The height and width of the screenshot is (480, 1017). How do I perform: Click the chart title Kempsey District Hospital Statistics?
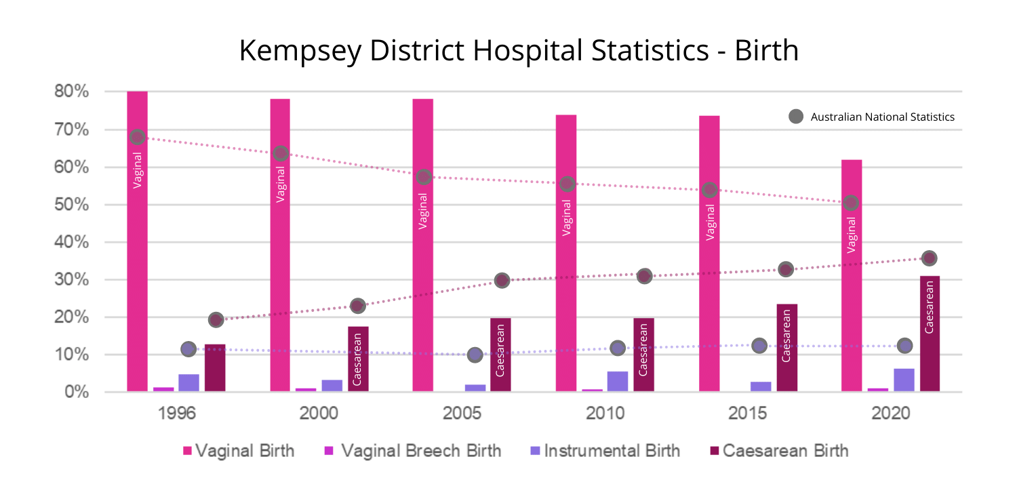coord(519,52)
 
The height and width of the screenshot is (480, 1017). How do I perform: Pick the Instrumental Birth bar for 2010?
coord(617,381)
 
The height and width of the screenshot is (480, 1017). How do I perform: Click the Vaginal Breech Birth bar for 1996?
coord(163,389)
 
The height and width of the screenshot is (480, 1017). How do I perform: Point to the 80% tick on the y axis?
coord(71,92)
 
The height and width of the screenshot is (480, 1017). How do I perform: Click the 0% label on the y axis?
coord(75,393)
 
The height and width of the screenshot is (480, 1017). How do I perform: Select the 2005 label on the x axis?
coord(462,414)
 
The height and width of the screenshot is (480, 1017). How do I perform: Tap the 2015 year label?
coord(749,414)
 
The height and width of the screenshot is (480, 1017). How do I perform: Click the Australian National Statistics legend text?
coord(882,117)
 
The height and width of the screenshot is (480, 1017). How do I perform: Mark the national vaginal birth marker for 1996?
coord(137,137)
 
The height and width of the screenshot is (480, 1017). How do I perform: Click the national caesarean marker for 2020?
coord(930,258)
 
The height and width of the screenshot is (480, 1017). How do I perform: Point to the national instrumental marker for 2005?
coord(475,355)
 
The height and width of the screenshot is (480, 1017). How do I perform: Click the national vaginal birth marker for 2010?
coord(567,184)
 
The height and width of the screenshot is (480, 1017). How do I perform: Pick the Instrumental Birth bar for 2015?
coord(761,386)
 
